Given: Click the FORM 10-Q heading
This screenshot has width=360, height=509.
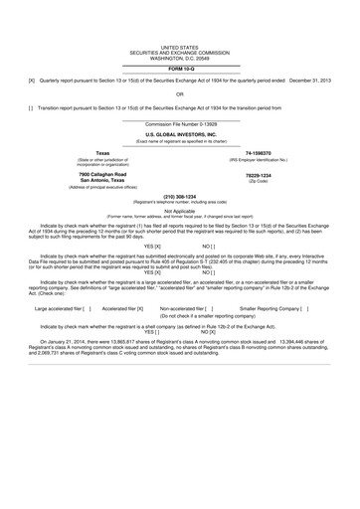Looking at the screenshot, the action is (x=180, y=68).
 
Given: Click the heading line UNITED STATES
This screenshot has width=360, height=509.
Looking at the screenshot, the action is (x=180, y=47).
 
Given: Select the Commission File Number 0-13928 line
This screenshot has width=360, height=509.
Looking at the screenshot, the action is (x=180, y=124).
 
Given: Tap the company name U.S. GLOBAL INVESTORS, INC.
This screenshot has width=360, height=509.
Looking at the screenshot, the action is (x=180, y=133).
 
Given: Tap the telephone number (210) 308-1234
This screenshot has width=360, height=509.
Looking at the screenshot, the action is (x=180, y=197).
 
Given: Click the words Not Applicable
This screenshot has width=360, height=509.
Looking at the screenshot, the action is (x=180, y=210).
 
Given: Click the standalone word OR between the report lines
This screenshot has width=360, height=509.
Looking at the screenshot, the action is (x=180, y=94).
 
